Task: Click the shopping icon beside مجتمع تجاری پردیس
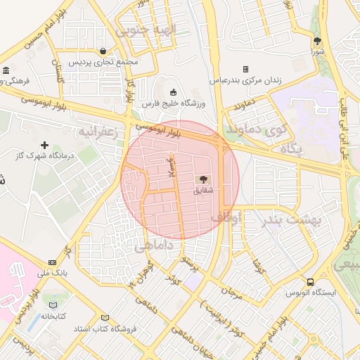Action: (103, 51)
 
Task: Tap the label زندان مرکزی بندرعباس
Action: (245, 80)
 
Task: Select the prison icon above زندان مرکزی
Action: (245, 69)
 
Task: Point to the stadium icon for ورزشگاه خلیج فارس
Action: (174, 91)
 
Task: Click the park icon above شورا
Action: (317, 41)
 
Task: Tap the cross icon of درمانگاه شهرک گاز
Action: (44, 144)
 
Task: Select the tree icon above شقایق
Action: (205, 180)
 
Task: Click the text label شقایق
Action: (203, 191)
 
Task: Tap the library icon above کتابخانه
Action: (53, 304)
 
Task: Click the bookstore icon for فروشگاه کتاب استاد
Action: (105, 318)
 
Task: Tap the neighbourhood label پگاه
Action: (290, 148)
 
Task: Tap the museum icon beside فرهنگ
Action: (6, 70)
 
